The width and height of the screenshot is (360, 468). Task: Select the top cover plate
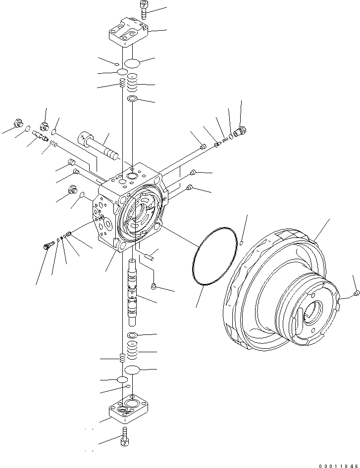pyautogui.click(x=128, y=32)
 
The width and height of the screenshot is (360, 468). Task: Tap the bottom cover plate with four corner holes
pyautogui.click(x=129, y=408)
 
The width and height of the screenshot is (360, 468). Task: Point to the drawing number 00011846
pyautogui.click(x=338, y=465)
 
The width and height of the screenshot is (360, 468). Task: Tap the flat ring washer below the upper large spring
pyautogui.click(x=132, y=99)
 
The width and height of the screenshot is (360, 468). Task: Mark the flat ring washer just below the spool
pyautogui.click(x=132, y=335)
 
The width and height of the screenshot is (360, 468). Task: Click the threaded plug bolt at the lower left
pyautogui.click(x=49, y=245)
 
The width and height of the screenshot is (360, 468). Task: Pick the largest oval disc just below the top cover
pyautogui.click(x=132, y=63)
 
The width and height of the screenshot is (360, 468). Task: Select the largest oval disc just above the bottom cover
pyautogui.click(x=132, y=370)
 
